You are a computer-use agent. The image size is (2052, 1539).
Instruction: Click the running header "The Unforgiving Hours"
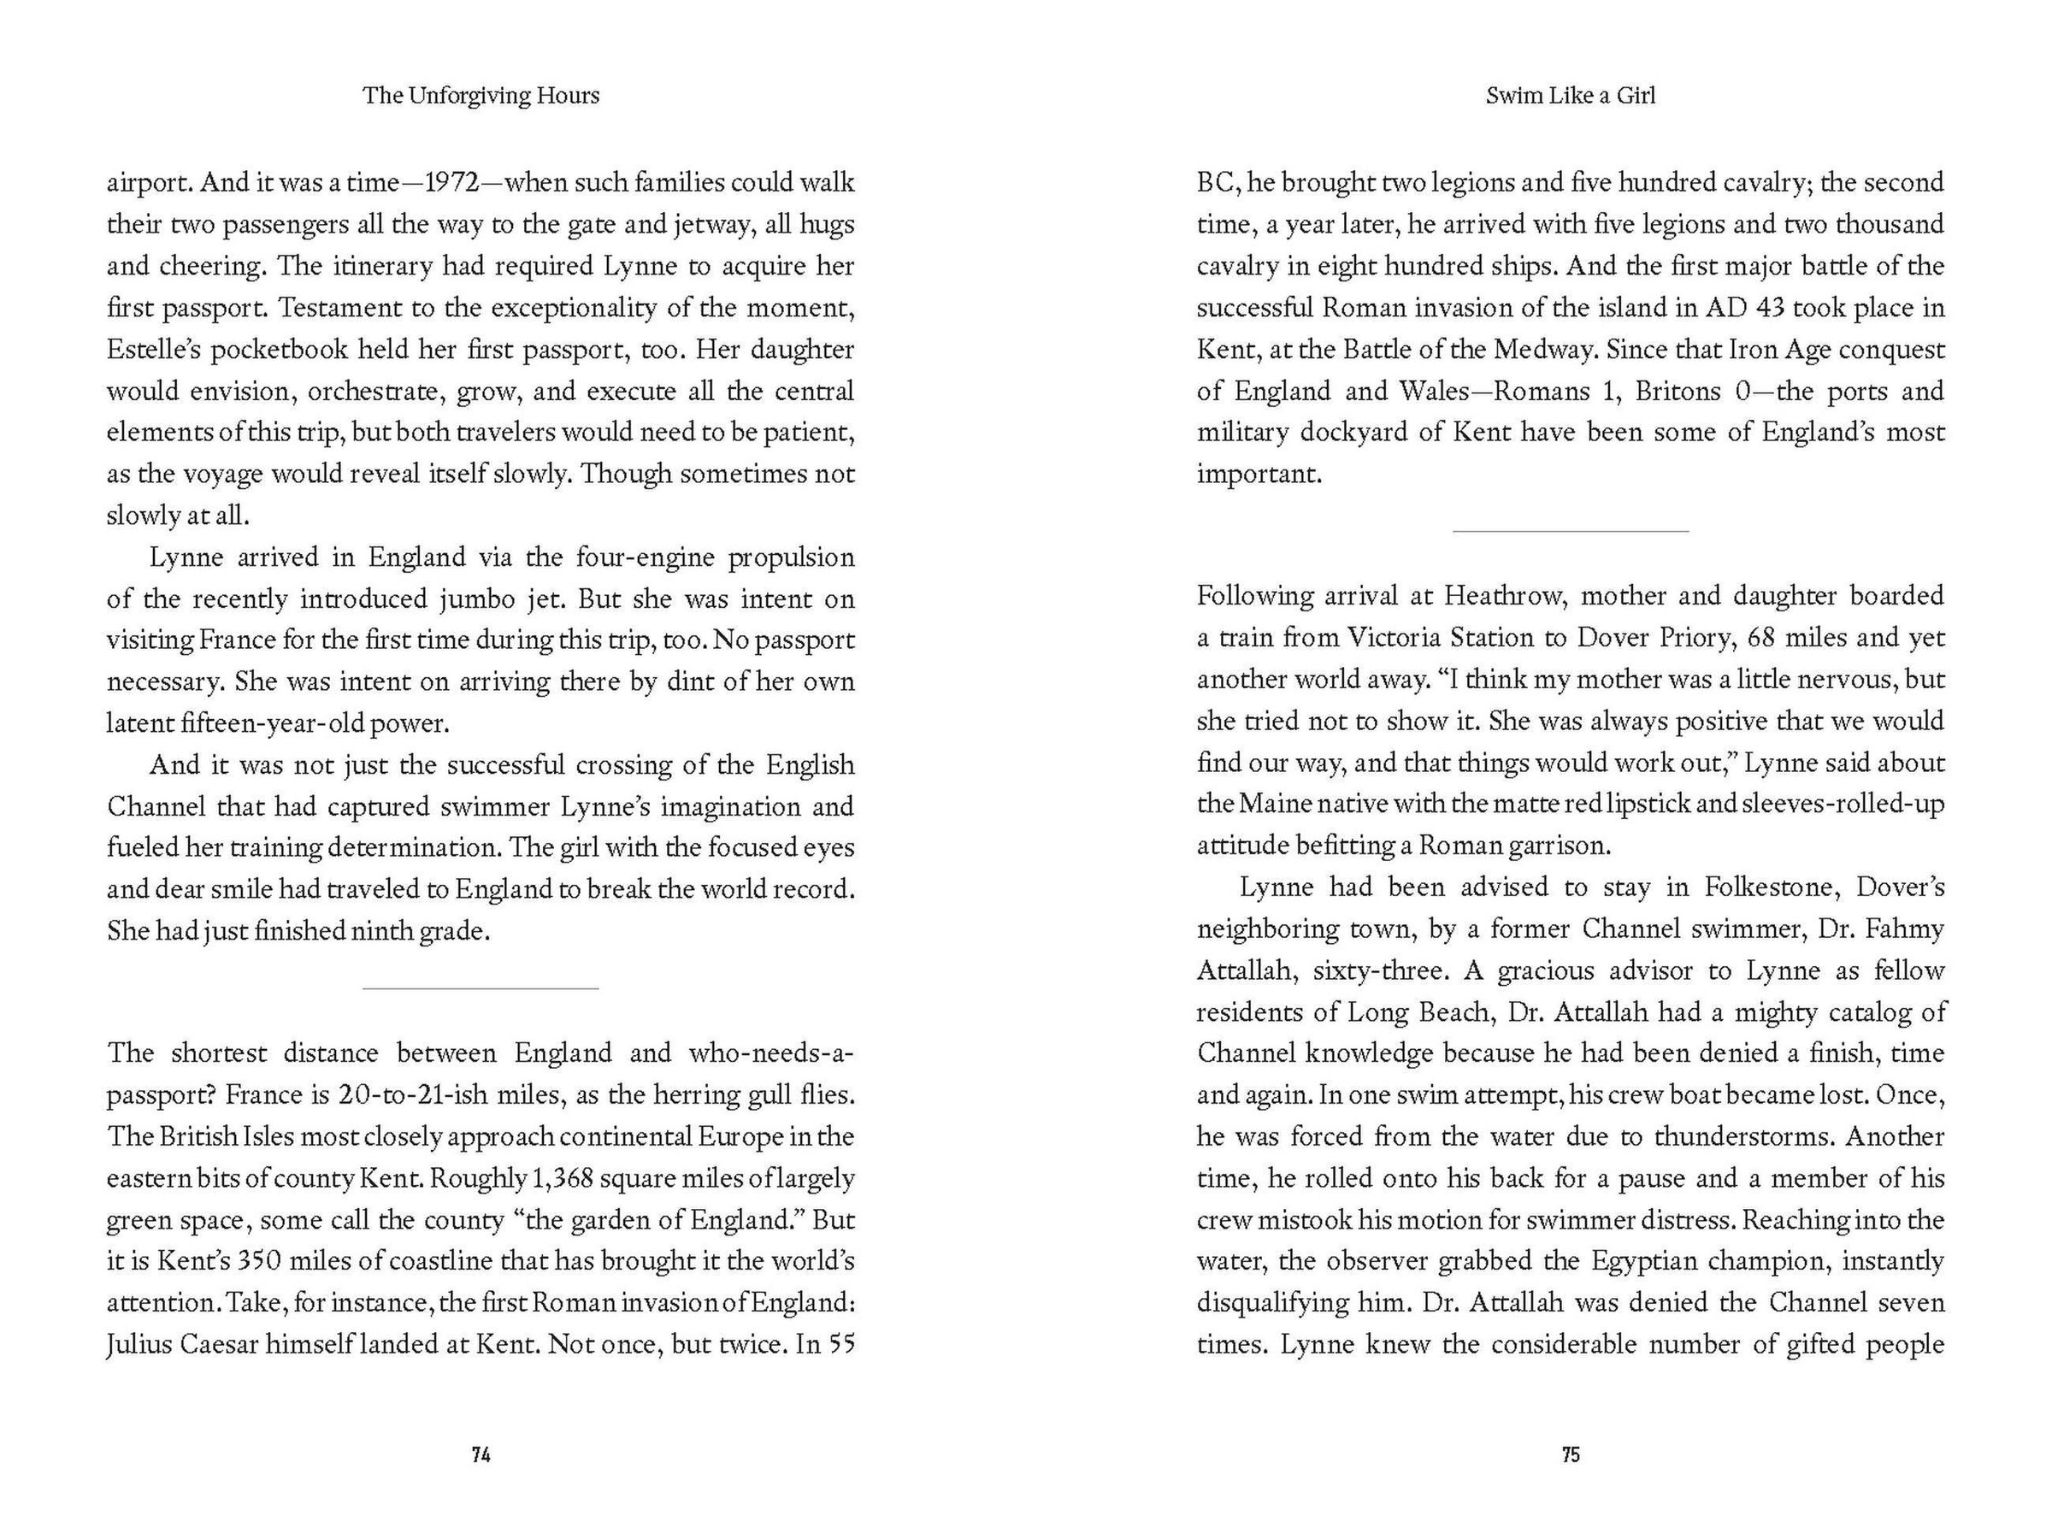[x=481, y=96]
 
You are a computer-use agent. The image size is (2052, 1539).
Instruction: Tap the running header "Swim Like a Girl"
[x=1570, y=96]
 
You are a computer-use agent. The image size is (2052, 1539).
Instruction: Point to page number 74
[x=481, y=1454]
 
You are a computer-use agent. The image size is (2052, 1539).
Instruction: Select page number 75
[x=1570, y=1454]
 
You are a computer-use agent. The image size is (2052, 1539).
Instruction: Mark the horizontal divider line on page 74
[x=481, y=989]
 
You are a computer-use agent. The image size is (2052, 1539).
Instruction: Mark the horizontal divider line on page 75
[x=1570, y=532]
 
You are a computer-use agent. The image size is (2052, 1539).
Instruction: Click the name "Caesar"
[x=215, y=1345]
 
